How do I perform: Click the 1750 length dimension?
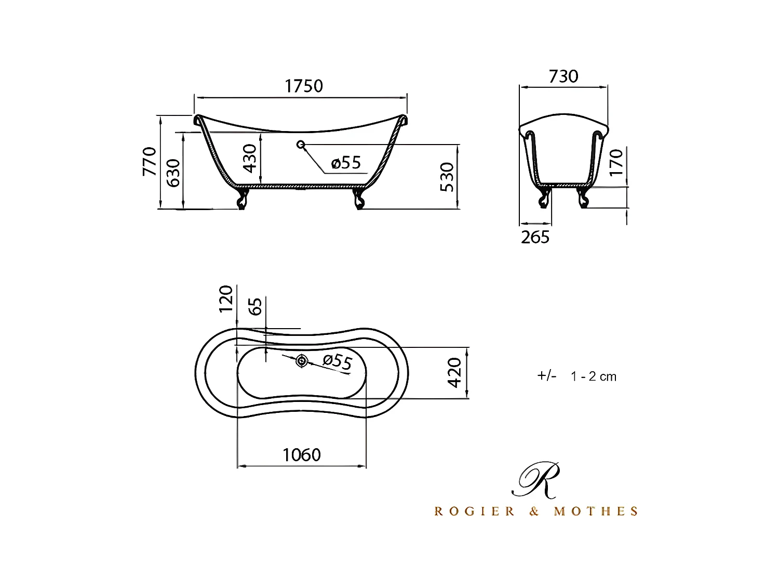point(304,86)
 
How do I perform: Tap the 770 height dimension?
point(150,161)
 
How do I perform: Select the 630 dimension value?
point(173,173)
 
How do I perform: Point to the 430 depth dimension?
point(250,159)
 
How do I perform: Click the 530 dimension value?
point(447,177)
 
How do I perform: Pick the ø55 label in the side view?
point(346,163)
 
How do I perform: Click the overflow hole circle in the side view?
point(300,144)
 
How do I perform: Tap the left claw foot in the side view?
point(242,199)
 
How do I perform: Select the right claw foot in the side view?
point(358,199)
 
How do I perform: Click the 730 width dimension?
point(563,76)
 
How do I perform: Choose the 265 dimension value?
point(535,237)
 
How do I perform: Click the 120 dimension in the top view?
point(226,299)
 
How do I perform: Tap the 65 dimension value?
point(256,306)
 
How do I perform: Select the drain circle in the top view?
point(301,361)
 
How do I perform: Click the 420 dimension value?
point(454,372)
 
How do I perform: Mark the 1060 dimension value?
point(302,455)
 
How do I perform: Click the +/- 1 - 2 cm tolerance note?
point(576,376)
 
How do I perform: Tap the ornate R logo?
point(536,479)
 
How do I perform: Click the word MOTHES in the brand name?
point(596,512)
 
